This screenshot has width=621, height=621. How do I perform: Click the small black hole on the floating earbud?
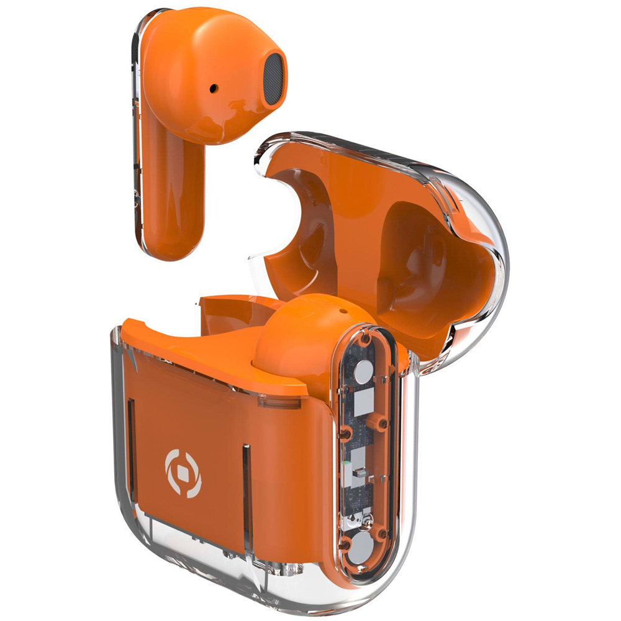click(214, 88)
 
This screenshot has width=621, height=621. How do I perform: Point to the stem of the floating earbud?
click(175, 199)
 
